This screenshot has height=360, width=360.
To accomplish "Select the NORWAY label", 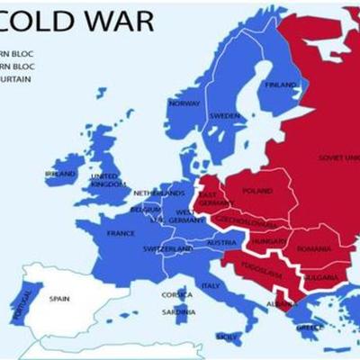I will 184,103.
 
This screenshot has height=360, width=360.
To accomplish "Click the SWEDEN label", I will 224,116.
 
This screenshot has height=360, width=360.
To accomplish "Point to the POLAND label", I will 257,191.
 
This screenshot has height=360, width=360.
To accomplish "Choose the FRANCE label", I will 121,233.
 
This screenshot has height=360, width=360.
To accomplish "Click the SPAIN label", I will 59,298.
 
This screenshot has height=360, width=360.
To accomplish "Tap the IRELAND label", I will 59,174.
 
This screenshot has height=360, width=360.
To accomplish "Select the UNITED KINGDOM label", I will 104,180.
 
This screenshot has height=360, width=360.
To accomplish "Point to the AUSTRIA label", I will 220,243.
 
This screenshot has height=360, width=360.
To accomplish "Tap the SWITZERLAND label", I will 167,248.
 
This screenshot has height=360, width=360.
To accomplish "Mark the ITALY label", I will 211,285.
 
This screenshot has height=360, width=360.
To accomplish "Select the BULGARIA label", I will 319,278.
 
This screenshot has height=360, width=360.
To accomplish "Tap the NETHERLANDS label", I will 157,193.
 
